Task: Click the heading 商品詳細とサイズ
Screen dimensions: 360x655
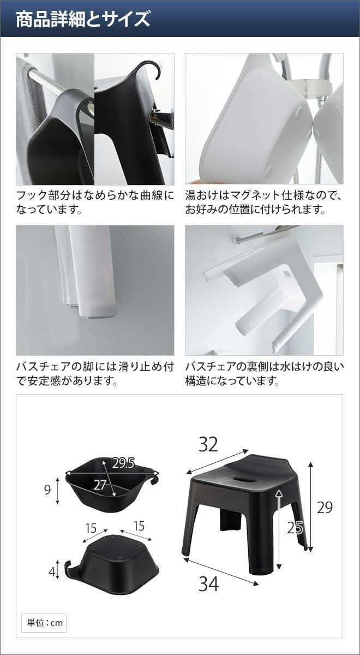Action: click(83, 19)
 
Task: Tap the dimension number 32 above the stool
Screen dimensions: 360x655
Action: click(208, 444)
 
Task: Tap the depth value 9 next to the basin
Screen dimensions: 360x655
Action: click(47, 490)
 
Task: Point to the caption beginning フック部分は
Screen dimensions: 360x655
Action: click(95, 203)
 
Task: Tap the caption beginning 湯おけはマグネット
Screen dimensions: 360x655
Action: click(263, 203)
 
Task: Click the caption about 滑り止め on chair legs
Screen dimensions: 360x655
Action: click(95, 373)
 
